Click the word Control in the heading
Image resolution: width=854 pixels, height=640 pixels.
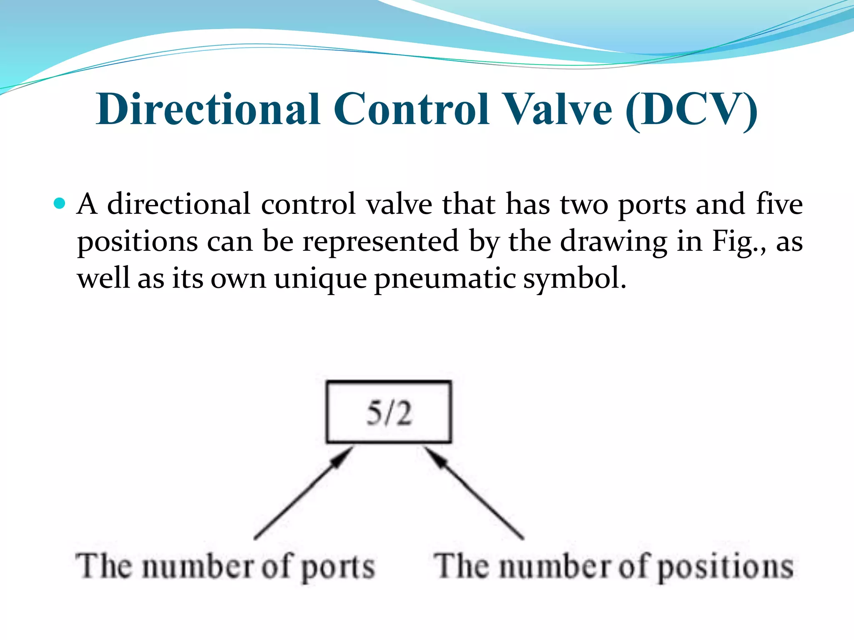coord(411,109)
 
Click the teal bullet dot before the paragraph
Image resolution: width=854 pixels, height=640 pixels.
coord(60,203)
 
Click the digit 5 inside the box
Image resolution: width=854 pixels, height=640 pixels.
coord(374,413)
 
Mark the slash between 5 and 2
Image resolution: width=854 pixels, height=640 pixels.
coord(388,413)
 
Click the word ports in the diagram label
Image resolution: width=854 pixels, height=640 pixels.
coord(338,567)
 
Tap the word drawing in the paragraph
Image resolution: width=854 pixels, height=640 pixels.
coord(613,242)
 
